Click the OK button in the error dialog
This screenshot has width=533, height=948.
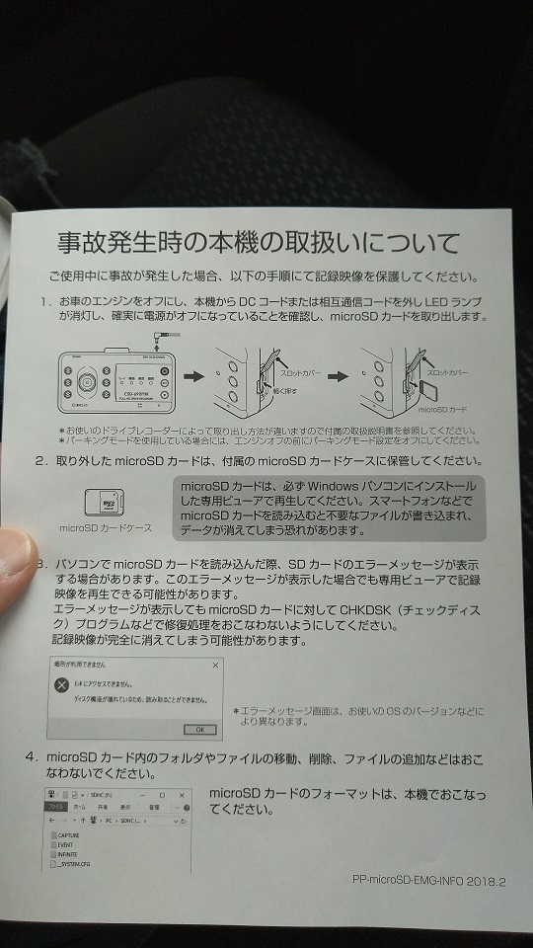point(199,729)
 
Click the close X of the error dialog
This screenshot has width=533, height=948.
point(215,666)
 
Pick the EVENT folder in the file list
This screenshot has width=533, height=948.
point(66,844)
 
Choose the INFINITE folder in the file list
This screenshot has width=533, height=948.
point(68,854)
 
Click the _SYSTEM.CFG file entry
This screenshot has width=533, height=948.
point(72,864)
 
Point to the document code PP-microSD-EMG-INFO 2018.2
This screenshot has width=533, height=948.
point(427,882)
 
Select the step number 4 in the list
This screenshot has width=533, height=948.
point(32,757)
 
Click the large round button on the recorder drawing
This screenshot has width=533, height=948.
point(90,382)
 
